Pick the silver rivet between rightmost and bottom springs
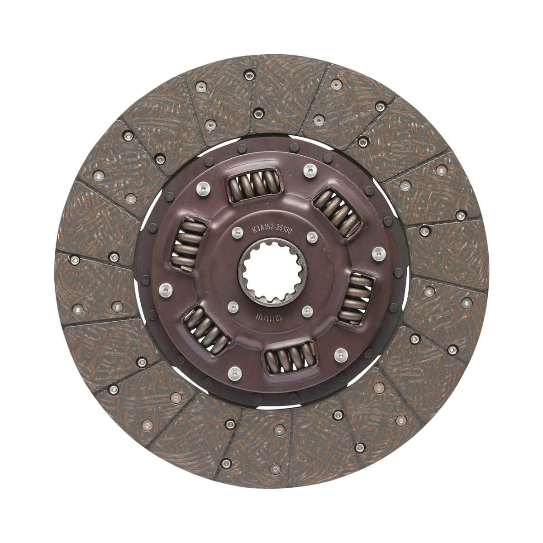tap(338, 354)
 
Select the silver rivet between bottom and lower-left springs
tap(233, 372)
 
